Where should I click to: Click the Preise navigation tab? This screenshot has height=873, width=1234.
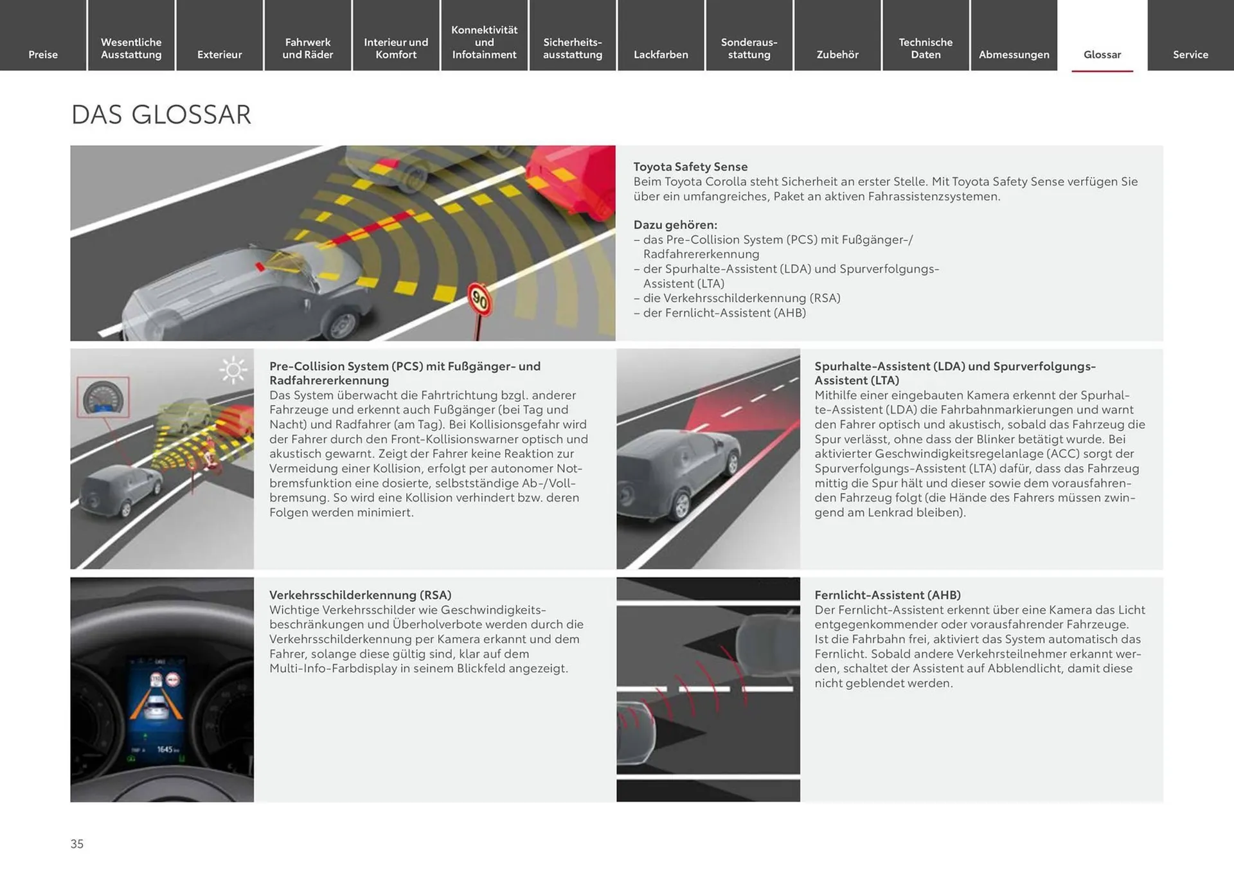click(43, 55)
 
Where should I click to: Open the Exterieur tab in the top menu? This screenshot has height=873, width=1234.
click(219, 55)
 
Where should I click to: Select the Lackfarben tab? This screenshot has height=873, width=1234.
click(661, 55)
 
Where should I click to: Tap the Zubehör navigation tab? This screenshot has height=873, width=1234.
click(837, 55)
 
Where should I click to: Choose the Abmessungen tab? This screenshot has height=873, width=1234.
click(1014, 55)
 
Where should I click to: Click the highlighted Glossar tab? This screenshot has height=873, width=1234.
click(1102, 55)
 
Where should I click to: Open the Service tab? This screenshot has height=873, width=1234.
click(1190, 55)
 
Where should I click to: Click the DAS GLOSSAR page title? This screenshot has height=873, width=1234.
click(161, 115)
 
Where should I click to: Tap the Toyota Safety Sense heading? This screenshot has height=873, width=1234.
click(690, 166)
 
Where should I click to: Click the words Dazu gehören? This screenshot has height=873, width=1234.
click(675, 225)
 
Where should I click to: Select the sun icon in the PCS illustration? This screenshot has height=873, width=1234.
click(233, 370)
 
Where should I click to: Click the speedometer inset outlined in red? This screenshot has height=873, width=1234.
click(103, 397)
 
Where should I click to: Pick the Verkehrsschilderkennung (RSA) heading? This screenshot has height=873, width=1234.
click(360, 595)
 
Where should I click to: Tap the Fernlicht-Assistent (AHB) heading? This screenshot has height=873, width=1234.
click(887, 595)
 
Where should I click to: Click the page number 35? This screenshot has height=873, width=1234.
click(77, 843)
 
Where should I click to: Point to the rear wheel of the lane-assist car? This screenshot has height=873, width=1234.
click(680, 505)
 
